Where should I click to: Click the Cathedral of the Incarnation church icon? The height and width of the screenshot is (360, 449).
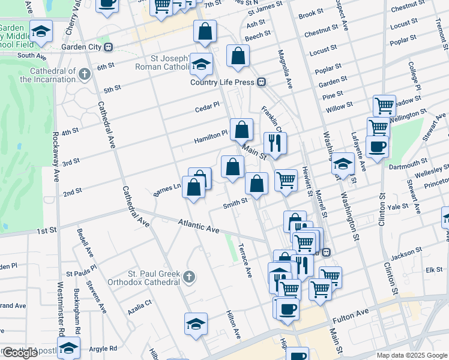coord(85,74)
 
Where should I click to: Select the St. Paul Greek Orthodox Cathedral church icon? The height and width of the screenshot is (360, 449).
coord(189,277)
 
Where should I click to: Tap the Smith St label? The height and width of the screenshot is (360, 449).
coord(235,203)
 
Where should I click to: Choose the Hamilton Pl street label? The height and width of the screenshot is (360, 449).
coord(211,137)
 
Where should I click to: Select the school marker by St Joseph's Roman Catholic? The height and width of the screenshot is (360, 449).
coord(202,63)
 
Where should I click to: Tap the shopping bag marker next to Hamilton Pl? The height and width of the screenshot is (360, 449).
coord(241,129)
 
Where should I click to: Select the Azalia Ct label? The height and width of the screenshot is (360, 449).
coord(140,307)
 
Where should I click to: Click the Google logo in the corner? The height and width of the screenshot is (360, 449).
coord(19,353)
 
